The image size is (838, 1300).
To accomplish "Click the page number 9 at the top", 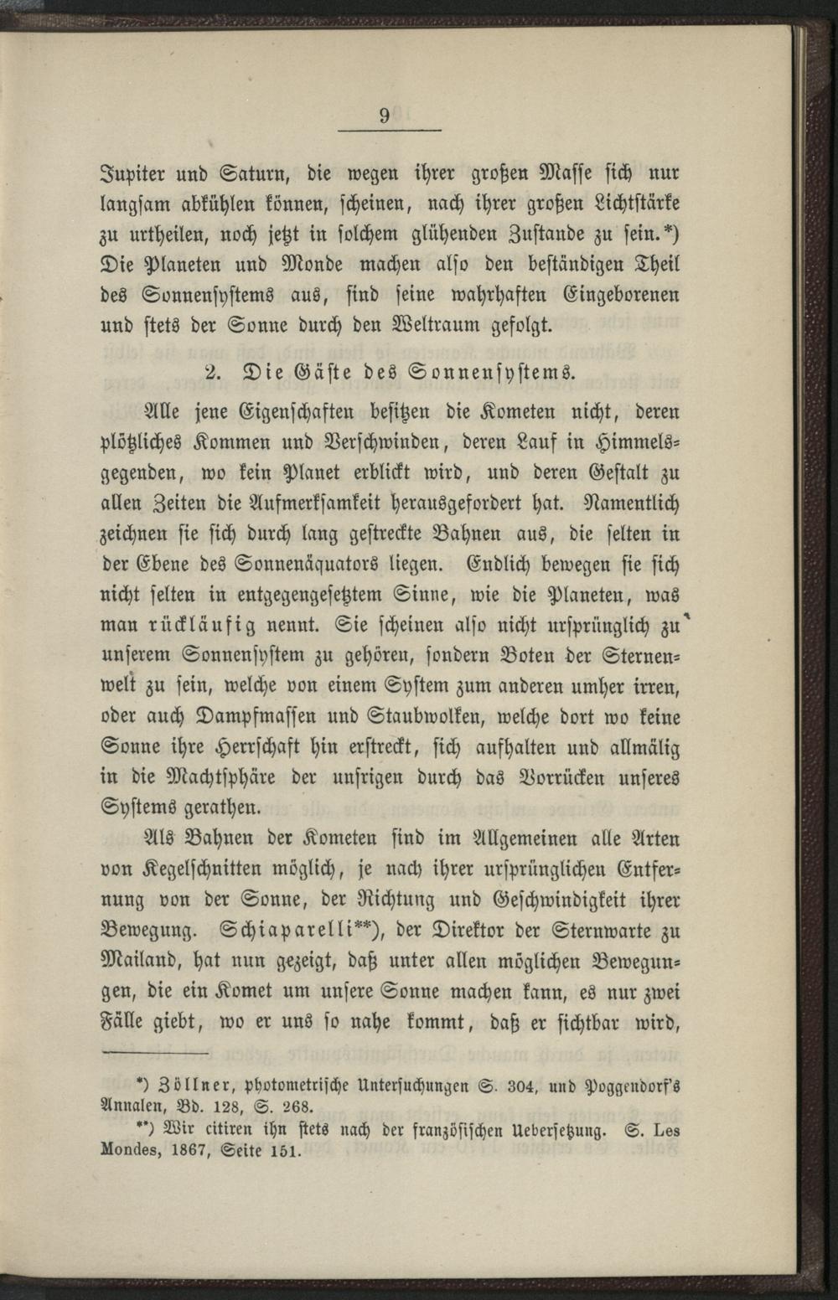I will tap(385, 116).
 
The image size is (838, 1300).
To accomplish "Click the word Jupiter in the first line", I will tap(136, 175).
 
